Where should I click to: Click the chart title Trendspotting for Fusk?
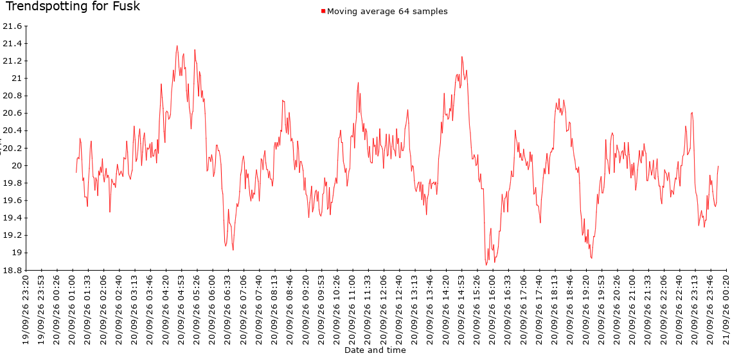pyautogui.click(x=73, y=6)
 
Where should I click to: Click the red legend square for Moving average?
pyautogui.click(x=323, y=11)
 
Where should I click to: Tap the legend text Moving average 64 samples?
pyautogui.click(x=387, y=12)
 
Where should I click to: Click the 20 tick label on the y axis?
pyautogui.click(x=17, y=166)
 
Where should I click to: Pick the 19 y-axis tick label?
pyautogui.click(x=17, y=253)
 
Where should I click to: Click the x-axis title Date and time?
pyautogui.click(x=375, y=350)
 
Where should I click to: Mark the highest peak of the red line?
pyautogui.click(x=177, y=46)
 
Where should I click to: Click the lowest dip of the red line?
pyautogui.click(x=486, y=265)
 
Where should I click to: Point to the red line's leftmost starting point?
pyautogui.click(x=76, y=172)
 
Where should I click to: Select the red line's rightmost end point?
pyautogui.click(x=718, y=166)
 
